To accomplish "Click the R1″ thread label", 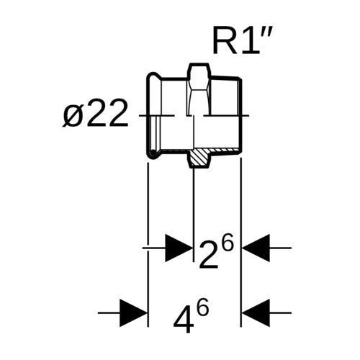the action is pyautogui.click(x=242, y=41).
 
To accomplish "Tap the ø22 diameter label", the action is pyautogui.click(x=95, y=113).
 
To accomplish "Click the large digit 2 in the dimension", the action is pyautogui.click(x=209, y=256).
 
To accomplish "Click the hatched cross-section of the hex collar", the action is pyautogui.click(x=199, y=158).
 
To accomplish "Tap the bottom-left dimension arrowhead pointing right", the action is pyautogui.click(x=133, y=313).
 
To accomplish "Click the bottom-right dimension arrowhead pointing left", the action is pyautogui.click(x=256, y=313).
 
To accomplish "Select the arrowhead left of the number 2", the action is pyautogui.click(x=179, y=248).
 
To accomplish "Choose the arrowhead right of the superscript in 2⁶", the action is pyautogui.click(x=256, y=248).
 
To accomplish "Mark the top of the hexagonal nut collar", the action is pyautogui.click(x=199, y=64).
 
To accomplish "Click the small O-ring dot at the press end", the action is pyautogui.click(x=153, y=152).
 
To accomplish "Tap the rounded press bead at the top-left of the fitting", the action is pyautogui.click(x=153, y=76).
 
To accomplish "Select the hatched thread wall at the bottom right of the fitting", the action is pyautogui.click(x=225, y=150).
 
